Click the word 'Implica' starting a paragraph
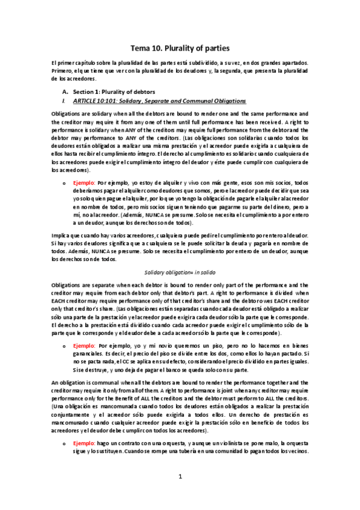point(61,235)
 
